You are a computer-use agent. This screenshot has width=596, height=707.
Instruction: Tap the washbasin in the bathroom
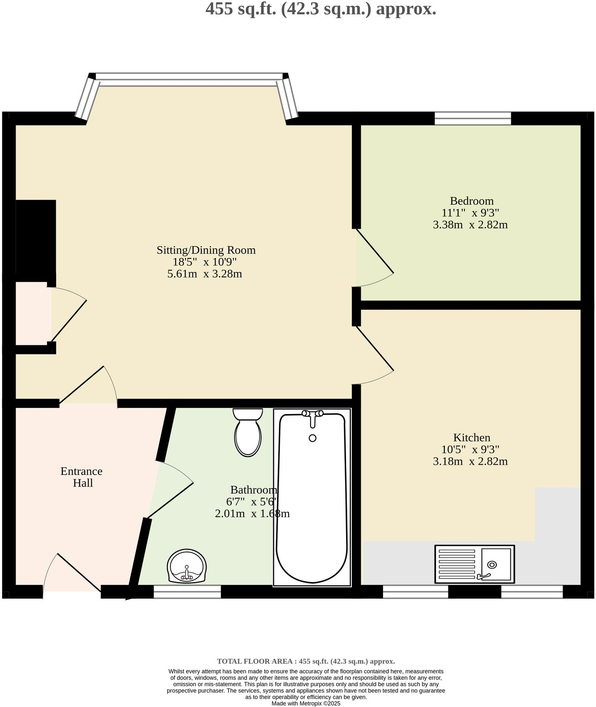tap(186, 566)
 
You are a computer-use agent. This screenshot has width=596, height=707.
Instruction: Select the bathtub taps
tap(312, 415)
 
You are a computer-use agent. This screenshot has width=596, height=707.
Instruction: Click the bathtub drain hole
tap(312, 438)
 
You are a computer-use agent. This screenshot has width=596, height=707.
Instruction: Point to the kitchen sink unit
tap(474, 564)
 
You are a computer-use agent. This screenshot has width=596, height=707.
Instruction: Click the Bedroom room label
tap(471, 201)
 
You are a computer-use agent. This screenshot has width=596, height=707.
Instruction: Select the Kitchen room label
tap(471, 438)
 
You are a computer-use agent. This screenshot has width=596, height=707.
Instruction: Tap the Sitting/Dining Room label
tap(206, 250)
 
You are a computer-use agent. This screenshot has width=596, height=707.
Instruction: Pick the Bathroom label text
tap(253, 490)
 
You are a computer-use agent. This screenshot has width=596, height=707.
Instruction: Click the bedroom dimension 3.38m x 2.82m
tap(470, 225)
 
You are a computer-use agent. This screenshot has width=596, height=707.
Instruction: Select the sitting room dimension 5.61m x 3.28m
tap(204, 274)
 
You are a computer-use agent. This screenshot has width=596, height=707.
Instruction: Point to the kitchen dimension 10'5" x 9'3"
tap(470, 449)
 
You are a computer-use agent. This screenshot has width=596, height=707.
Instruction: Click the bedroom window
tap(473, 119)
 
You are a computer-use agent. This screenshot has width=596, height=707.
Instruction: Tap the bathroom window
tap(187, 592)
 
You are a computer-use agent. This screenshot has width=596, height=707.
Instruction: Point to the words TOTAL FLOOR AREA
tap(256, 661)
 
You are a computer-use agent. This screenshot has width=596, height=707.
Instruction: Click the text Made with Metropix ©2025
tap(306, 703)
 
